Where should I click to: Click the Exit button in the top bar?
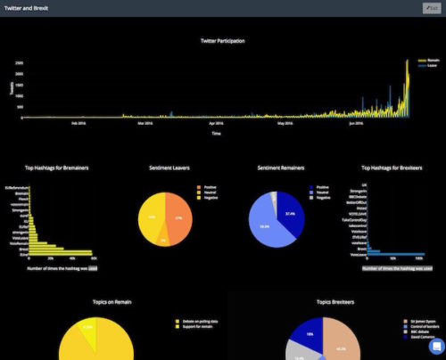point(430,8)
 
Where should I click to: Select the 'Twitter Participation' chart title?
point(221,40)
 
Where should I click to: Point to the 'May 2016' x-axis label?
point(285,124)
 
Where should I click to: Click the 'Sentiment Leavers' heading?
point(168,167)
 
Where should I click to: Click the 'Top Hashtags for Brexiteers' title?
point(392,167)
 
